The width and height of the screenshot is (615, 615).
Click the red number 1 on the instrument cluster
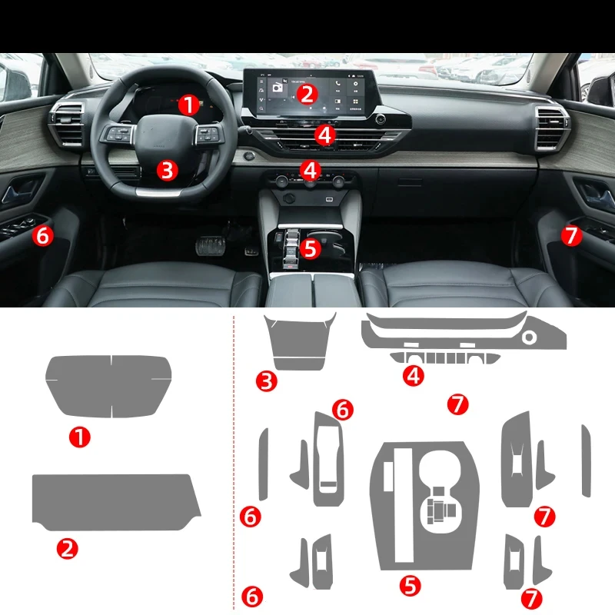tap(188, 104)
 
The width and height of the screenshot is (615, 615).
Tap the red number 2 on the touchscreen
tap(307, 94)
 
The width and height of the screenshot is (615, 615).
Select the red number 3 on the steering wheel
tap(168, 170)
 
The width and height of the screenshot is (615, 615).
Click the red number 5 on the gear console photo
tap(310, 248)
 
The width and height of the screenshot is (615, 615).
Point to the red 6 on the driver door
tap(43, 235)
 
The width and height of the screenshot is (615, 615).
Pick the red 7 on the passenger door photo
tap(571, 235)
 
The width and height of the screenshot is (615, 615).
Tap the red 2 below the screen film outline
tap(68, 548)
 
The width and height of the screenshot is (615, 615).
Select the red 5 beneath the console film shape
tap(411, 585)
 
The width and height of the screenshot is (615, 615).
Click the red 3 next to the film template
tap(267, 380)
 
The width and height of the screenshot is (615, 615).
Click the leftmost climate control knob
tap(282, 181)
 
